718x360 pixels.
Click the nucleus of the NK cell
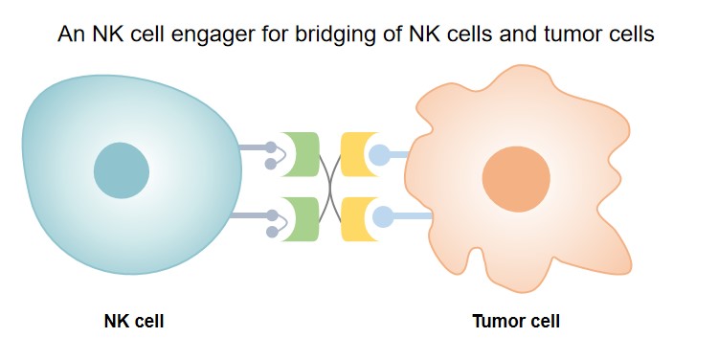click(122, 171)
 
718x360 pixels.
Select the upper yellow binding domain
click(352, 153)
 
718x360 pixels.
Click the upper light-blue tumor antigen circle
click(380, 153)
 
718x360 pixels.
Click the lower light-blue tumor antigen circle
click(382, 216)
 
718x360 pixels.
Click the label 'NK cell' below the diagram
click(134, 322)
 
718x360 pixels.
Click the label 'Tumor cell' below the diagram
click(516, 322)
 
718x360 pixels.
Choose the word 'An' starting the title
click(70, 35)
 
